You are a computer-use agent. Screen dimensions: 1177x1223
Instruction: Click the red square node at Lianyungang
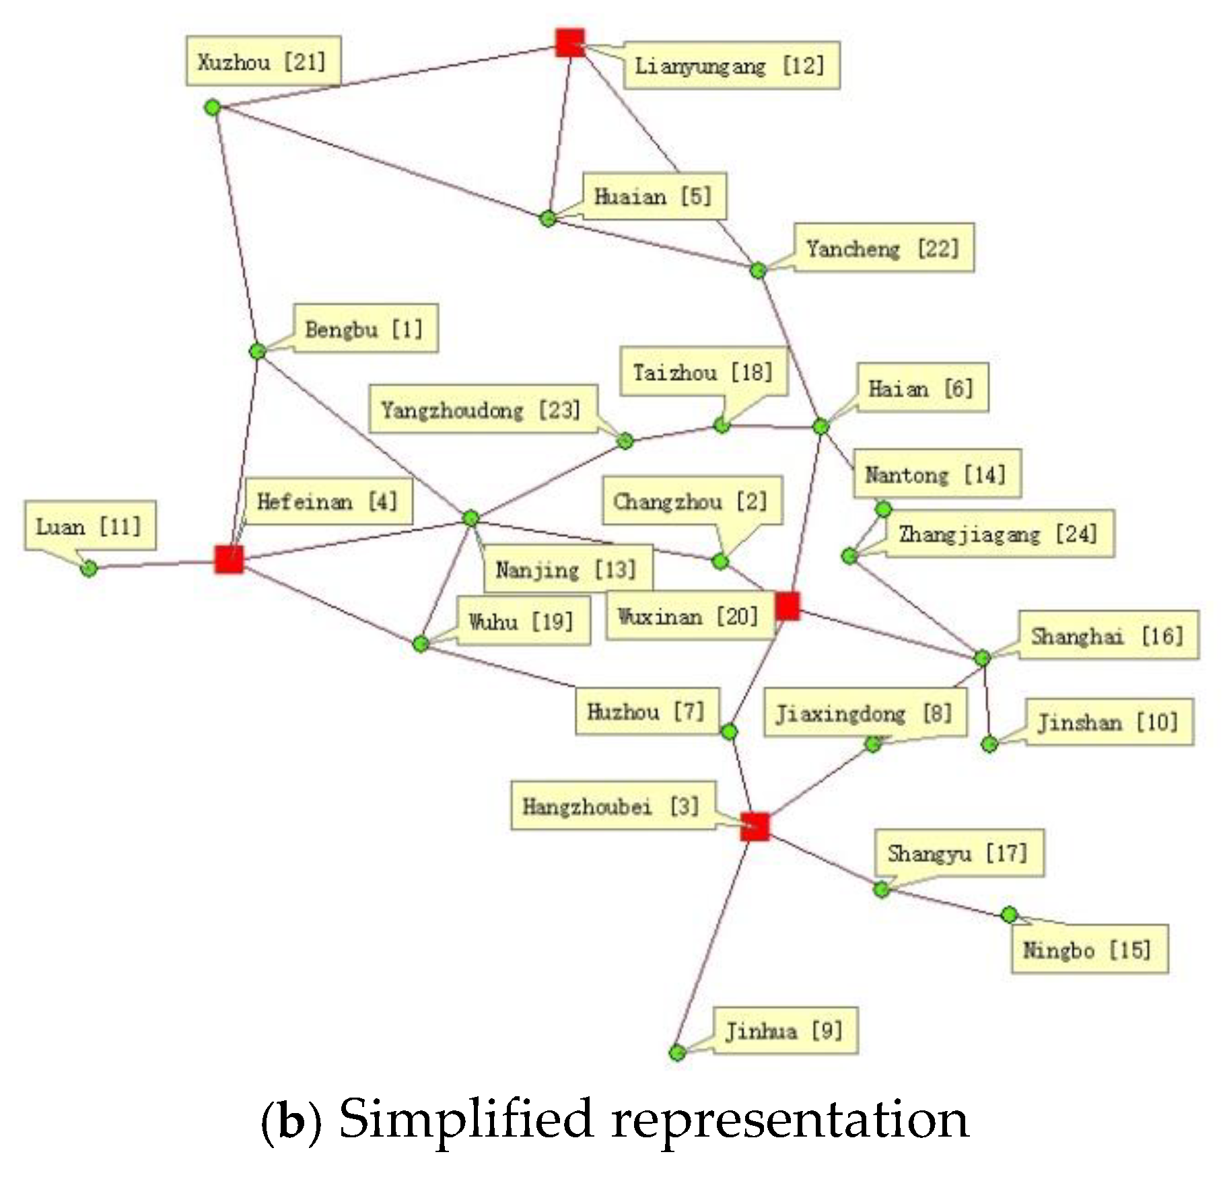569,42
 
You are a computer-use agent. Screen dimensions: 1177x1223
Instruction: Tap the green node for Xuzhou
212,107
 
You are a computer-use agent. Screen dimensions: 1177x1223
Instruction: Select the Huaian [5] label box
654,197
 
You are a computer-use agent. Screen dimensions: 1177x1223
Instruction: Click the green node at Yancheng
758,270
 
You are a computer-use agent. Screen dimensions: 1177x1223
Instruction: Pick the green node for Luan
89,569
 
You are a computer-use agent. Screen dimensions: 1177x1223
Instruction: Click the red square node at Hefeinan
229,559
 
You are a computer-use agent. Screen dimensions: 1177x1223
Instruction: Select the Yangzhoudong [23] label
482,409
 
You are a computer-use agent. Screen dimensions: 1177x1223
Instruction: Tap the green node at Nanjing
471,518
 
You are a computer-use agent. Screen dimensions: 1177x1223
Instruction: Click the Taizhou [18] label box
703,372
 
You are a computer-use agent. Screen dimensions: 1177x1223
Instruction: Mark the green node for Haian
820,426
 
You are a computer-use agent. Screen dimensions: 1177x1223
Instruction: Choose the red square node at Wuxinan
787,606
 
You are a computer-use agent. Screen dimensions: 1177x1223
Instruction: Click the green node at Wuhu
420,644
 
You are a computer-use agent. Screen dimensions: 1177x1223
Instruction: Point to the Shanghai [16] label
1108,635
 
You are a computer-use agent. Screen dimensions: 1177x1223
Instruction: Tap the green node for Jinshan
989,744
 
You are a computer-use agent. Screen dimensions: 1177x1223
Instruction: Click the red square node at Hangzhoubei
755,826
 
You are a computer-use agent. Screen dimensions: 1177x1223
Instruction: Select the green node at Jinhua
677,1053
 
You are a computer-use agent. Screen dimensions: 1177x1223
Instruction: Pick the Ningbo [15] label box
1088,950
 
